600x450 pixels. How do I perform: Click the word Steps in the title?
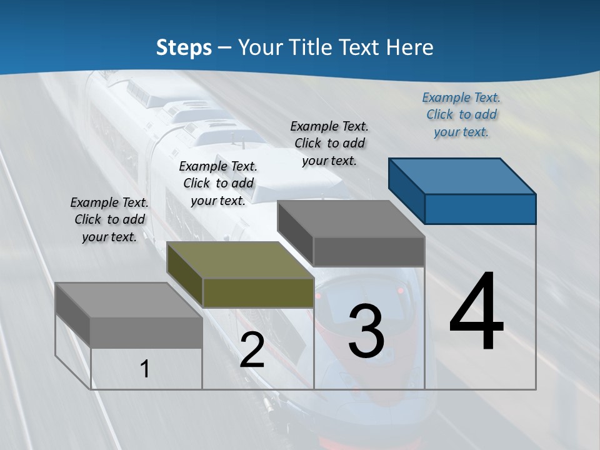coord(184,47)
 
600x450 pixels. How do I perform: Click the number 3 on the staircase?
coord(366,331)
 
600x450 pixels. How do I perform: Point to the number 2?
coord(252,350)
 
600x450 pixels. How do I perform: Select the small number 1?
coord(145,369)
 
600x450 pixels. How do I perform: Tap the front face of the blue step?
coord(480,209)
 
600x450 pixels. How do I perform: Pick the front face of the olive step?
coord(258,292)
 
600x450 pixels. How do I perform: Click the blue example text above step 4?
coord(461,114)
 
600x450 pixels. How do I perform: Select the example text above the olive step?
coord(218,183)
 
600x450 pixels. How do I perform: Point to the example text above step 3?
coord(329,143)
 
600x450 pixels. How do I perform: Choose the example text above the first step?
coord(109,219)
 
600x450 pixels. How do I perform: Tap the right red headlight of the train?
coord(398,291)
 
